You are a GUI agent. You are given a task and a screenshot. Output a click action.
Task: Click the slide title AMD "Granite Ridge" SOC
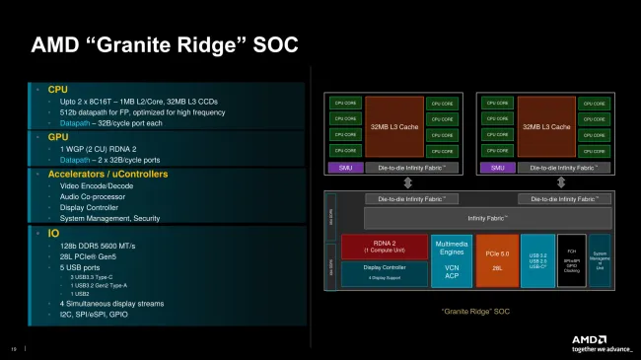164,44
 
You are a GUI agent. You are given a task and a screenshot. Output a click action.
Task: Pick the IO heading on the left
53,234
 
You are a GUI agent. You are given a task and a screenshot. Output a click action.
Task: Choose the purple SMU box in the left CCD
344,169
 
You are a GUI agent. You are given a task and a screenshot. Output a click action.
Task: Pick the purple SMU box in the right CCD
497,169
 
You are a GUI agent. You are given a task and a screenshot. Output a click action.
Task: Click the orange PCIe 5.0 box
497,259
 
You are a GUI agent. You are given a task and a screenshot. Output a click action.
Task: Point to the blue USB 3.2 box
538,259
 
